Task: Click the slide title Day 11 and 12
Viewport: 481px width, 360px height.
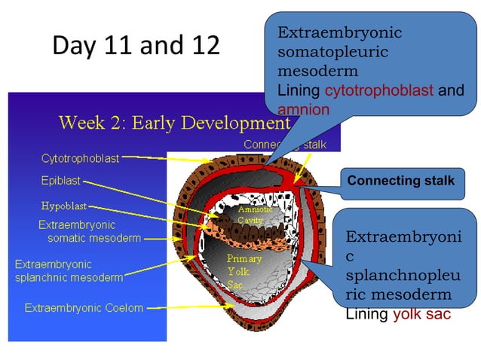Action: [136, 45]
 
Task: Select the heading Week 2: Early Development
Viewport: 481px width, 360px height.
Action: [173, 122]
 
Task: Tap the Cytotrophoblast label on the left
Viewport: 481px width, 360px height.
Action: [80, 158]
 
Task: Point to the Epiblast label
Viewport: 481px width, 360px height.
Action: [60, 181]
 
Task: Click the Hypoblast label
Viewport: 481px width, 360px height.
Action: [63, 205]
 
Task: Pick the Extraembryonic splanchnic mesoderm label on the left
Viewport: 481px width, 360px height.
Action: [69, 271]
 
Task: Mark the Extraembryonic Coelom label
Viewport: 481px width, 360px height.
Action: [84, 307]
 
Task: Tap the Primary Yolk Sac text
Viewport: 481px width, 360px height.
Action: [244, 271]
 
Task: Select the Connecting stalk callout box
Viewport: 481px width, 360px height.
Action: [400, 182]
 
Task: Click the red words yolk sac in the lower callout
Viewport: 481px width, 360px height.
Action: [421, 314]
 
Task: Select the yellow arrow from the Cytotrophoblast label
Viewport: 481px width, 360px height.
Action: [170, 159]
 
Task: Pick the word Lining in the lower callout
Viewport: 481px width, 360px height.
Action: [366, 314]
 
